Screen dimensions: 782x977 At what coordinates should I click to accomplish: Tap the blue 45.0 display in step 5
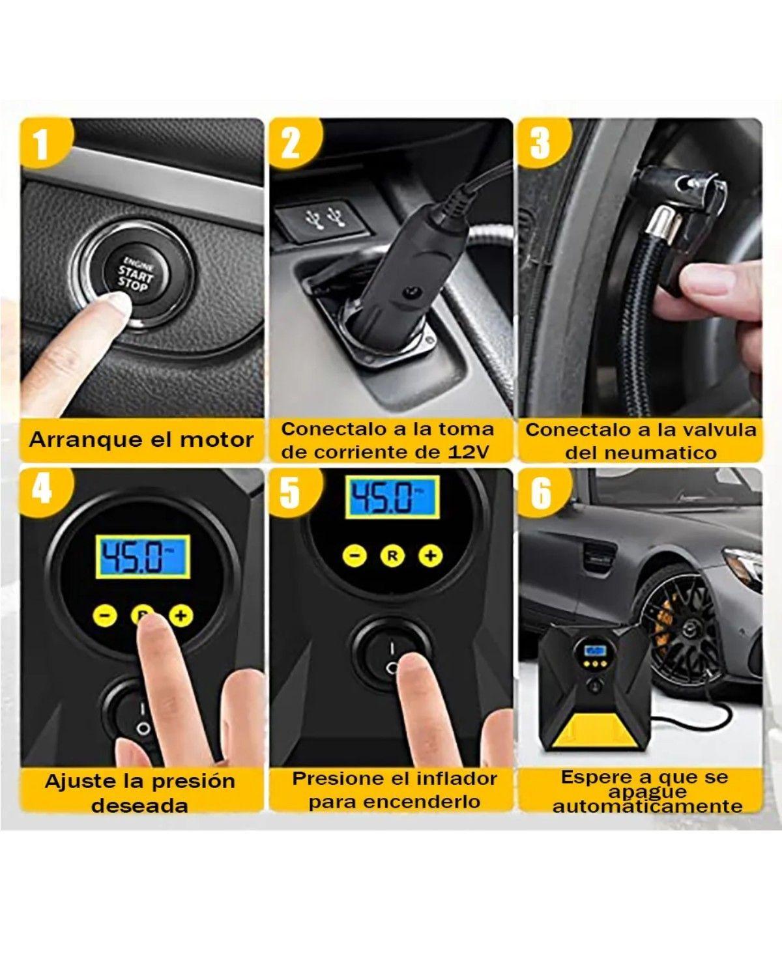tap(393, 497)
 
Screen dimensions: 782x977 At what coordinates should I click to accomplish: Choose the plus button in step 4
tap(181, 616)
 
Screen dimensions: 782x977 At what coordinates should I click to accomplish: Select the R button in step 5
tap(393, 555)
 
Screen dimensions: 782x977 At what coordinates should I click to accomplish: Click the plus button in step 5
tap(430, 555)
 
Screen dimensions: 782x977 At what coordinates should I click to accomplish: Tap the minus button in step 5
tap(356, 555)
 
